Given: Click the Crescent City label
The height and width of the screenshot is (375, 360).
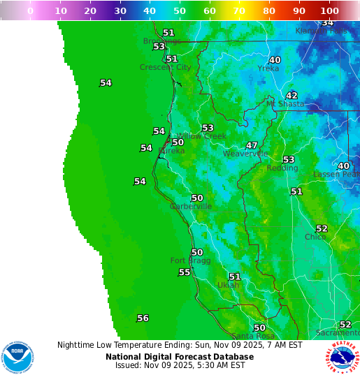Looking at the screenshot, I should pyautogui.click(x=165, y=68).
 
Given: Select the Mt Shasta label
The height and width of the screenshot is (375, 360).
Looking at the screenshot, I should pyautogui.click(x=285, y=104).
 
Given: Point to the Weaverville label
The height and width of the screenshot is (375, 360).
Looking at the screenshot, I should pyautogui.click(x=245, y=154).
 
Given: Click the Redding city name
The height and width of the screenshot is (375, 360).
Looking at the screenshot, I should pyautogui.click(x=282, y=168).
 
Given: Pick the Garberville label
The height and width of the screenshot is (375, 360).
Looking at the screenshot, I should pyautogui.click(x=191, y=207).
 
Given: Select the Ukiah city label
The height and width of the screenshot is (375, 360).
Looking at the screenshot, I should pyautogui.click(x=229, y=286).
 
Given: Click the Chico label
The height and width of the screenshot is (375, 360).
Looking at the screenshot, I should pyautogui.click(x=315, y=237).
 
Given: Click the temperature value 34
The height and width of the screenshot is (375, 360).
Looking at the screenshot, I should pyautogui.click(x=327, y=23).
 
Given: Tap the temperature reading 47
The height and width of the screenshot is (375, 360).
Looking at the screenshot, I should pyautogui.click(x=252, y=145).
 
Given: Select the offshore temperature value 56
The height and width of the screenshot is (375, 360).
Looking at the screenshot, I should pyautogui.click(x=143, y=318).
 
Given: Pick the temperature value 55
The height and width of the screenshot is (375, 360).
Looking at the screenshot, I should pyautogui.click(x=184, y=272).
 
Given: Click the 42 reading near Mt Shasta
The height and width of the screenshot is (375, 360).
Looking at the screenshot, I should pyautogui.click(x=291, y=96).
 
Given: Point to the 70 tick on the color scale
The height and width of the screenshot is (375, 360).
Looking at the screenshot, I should pyautogui.click(x=238, y=11).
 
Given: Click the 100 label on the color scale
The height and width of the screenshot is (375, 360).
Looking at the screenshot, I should pyautogui.click(x=329, y=11).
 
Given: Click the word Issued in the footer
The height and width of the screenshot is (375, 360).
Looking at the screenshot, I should pyautogui.click(x=129, y=365).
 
